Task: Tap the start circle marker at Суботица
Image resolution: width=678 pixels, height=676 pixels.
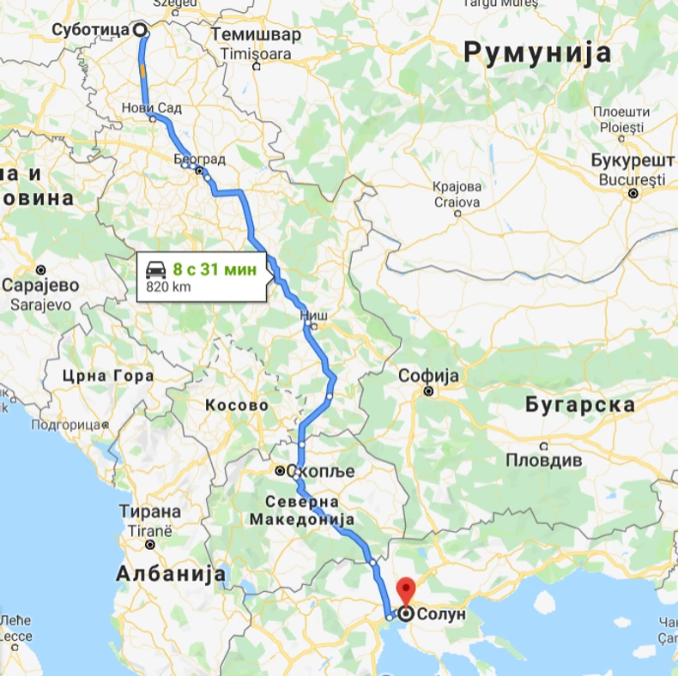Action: click(x=140, y=29)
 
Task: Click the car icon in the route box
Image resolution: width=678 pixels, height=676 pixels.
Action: click(x=155, y=269)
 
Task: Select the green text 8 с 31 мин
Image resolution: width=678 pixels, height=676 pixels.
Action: click(x=214, y=269)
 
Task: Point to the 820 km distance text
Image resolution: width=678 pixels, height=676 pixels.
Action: click(x=168, y=287)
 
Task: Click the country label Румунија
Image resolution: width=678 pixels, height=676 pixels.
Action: click(x=538, y=52)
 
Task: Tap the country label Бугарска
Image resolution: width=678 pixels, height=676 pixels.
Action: click(x=581, y=405)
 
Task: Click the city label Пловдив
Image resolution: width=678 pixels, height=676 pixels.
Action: click(x=542, y=459)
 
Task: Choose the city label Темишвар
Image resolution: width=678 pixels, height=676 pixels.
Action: click(x=256, y=35)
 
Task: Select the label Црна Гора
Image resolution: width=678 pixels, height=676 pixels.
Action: click(x=108, y=376)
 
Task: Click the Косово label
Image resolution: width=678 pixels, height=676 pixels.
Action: click(x=236, y=405)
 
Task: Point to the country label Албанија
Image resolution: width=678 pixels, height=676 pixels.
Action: click(x=171, y=573)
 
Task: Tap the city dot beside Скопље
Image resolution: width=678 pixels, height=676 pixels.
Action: click(x=280, y=471)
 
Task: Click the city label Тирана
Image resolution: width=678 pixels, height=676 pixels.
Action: click(x=150, y=512)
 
